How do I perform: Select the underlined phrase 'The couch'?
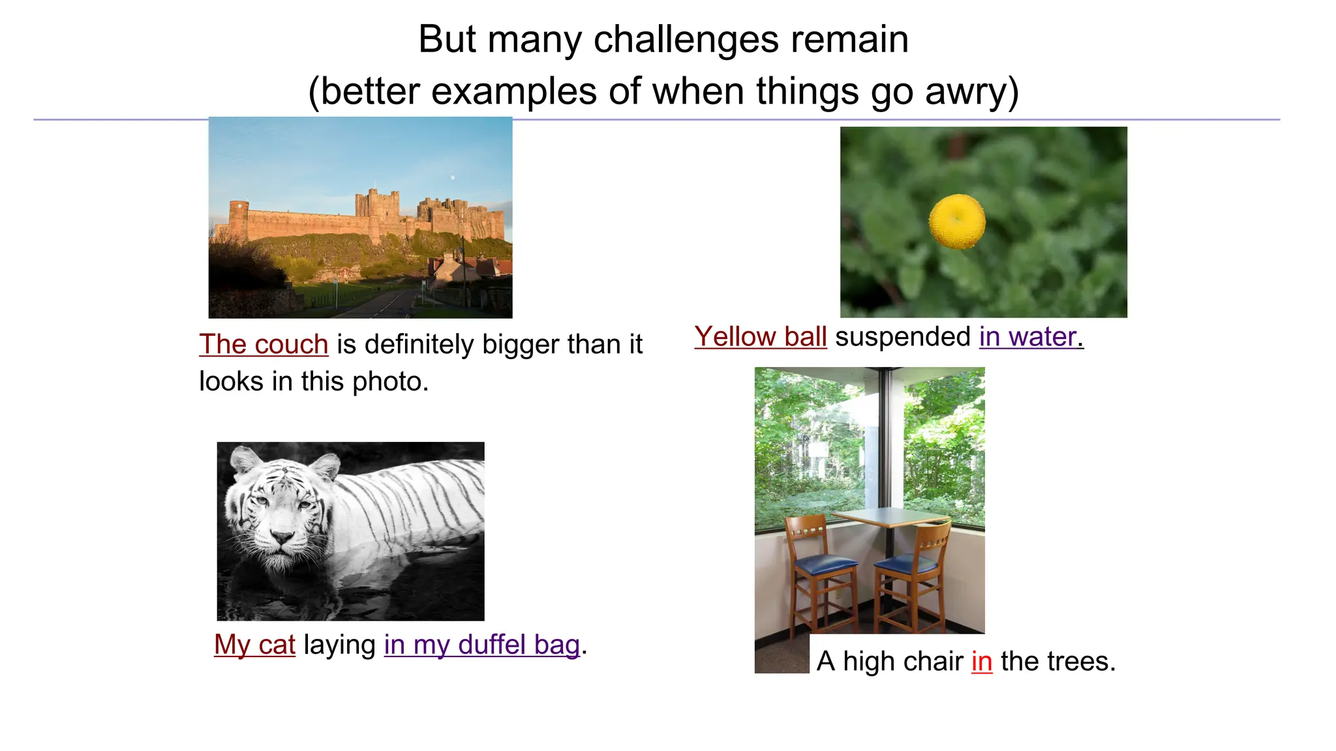click(x=264, y=344)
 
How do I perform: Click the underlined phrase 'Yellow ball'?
click(x=761, y=337)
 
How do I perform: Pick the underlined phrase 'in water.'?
click(x=1031, y=337)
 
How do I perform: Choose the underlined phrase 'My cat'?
click(x=254, y=645)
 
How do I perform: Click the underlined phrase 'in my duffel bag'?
click(x=481, y=645)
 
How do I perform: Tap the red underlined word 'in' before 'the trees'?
click(x=982, y=661)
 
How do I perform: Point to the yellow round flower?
click(x=957, y=221)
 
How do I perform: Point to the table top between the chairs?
click(x=890, y=517)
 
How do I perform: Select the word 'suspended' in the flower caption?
click(x=903, y=337)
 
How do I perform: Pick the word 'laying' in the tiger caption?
click(x=339, y=645)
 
